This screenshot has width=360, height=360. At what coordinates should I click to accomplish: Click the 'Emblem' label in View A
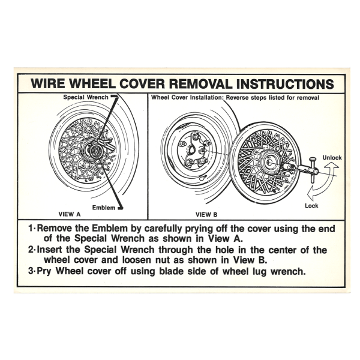(x=103, y=208)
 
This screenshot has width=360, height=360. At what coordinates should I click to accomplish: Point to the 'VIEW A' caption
(x=70, y=214)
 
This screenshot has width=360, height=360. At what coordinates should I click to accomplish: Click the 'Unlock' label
(x=332, y=158)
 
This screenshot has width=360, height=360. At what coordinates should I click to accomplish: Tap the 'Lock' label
(x=312, y=205)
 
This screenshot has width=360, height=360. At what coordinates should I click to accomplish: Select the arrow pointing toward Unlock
(x=328, y=169)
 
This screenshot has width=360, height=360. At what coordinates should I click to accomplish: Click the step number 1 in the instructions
(x=31, y=228)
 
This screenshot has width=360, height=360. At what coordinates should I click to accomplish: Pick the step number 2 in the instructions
(x=31, y=250)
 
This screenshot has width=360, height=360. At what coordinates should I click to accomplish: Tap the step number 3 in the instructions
(x=31, y=271)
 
